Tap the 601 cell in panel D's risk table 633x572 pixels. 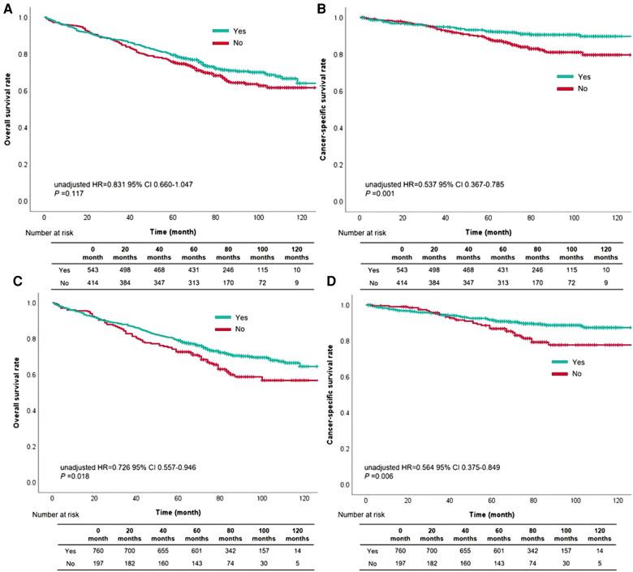pos(506,549)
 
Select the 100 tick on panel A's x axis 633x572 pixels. pos(259,217)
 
